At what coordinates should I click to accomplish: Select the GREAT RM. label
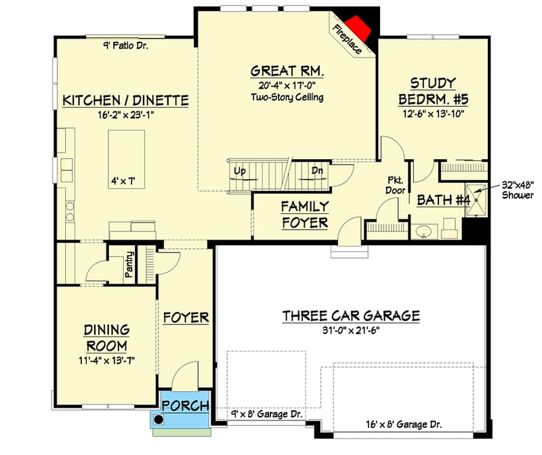pyautogui.click(x=287, y=70)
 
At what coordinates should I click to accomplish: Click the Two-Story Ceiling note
pyautogui.click(x=287, y=97)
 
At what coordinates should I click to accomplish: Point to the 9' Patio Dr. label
pyautogui.click(x=125, y=46)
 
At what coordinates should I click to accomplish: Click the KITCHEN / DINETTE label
pyautogui.click(x=125, y=100)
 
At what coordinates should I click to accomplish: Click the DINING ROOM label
pyautogui.click(x=106, y=338)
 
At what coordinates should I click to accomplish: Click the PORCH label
pyautogui.click(x=184, y=407)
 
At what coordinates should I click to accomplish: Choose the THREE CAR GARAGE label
pyautogui.click(x=351, y=316)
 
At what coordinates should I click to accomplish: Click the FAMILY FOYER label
pyautogui.click(x=305, y=214)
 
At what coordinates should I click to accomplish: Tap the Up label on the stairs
pyautogui.click(x=239, y=171)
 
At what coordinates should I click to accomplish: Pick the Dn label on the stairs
pyautogui.click(x=316, y=171)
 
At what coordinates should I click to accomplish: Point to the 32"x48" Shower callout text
pyautogui.click(x=519, y=189)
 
